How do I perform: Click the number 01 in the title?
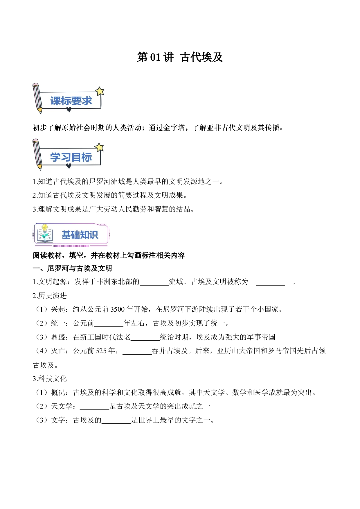[x=155, y=57]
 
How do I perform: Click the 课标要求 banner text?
[x=71, y=101]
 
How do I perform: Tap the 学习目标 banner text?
[x=71, y=157]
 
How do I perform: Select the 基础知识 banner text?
[x=80, y=235]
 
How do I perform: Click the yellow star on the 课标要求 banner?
[x=100, y=91]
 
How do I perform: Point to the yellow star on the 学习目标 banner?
[x=99, y=147]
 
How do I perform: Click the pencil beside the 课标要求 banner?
[x=37, y=98]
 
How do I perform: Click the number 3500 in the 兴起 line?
[x=118, y=309]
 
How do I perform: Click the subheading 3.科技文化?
[x=50, y=379]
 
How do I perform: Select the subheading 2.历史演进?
[x=50, y=296]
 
